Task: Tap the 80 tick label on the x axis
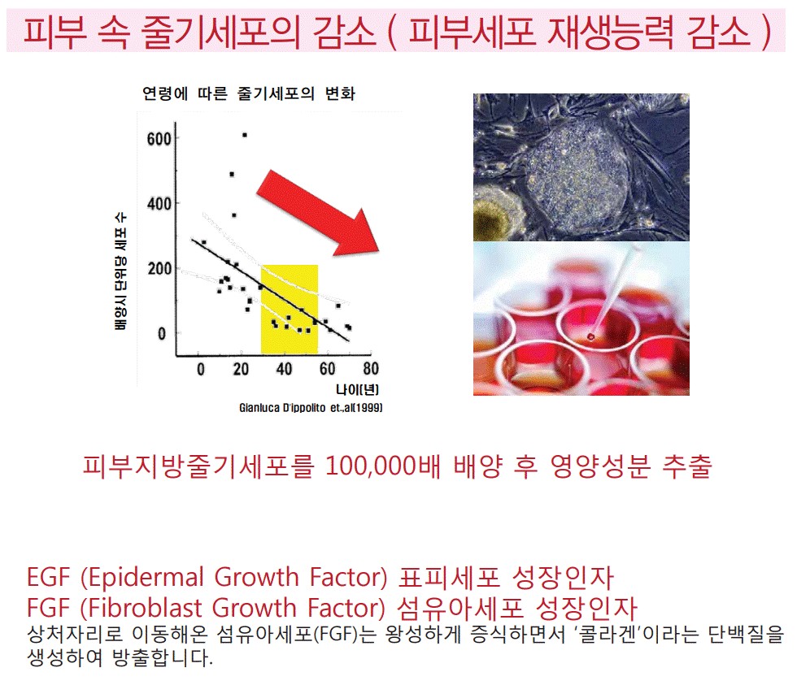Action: [x=371, y=369]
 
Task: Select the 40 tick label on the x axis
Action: [x=284, y=369]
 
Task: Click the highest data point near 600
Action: [x=245, y=135]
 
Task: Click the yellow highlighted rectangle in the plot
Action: [x=290, y=309]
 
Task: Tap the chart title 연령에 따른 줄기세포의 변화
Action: [x=249, y=93]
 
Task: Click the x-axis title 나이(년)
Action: [x=357, y=389]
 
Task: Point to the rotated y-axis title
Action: [x=120, y=271]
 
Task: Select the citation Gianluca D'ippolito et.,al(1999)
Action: [x=311, y=408]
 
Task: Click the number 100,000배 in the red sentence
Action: [x=383, y=466]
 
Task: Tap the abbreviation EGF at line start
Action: [x=48, y=578]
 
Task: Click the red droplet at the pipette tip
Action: [x=590, y=336]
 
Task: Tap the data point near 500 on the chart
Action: [x=232, y=174]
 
